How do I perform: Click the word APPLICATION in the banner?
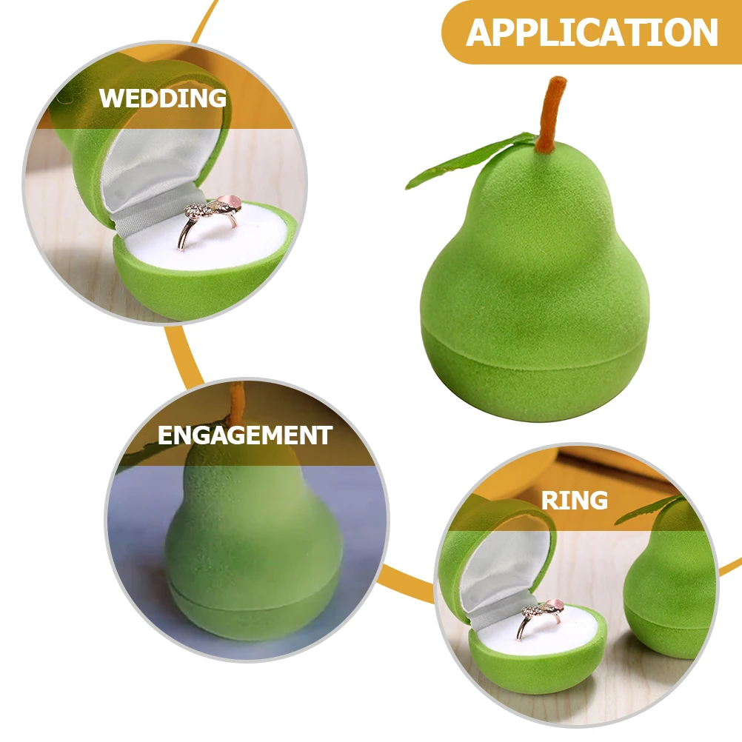pyautogui.click(x=592, y=33)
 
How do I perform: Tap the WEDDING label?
pyautogui.click(x=163, y=98)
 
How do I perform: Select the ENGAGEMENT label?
pyautogui.click(x=244, y=435)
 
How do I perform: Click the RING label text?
pyautogui.click(x=574, y=501)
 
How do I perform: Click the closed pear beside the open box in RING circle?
pyautogui.click(x=670, y=585)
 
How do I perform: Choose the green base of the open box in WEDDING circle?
pyautogui.click(x=185, y=289)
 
